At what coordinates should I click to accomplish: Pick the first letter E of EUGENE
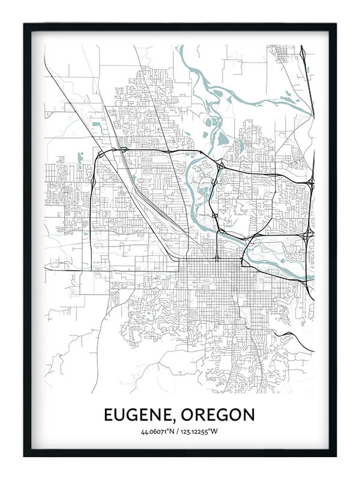pyautogui.click(x=109, y=415)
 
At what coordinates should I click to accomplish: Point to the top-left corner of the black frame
pyautogui.click(x=25, y=24)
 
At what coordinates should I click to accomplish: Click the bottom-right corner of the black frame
pyautogui.click(x=335, y=456)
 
